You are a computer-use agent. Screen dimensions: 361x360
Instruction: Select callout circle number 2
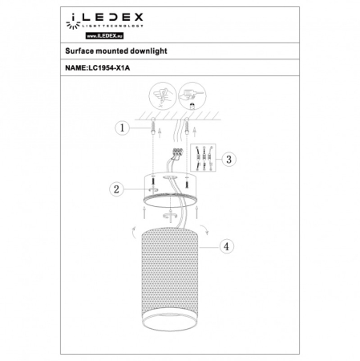(118, 189)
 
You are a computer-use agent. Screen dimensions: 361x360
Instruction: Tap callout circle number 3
(230, 159)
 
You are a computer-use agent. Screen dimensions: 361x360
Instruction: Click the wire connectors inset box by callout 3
(205, 158)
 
